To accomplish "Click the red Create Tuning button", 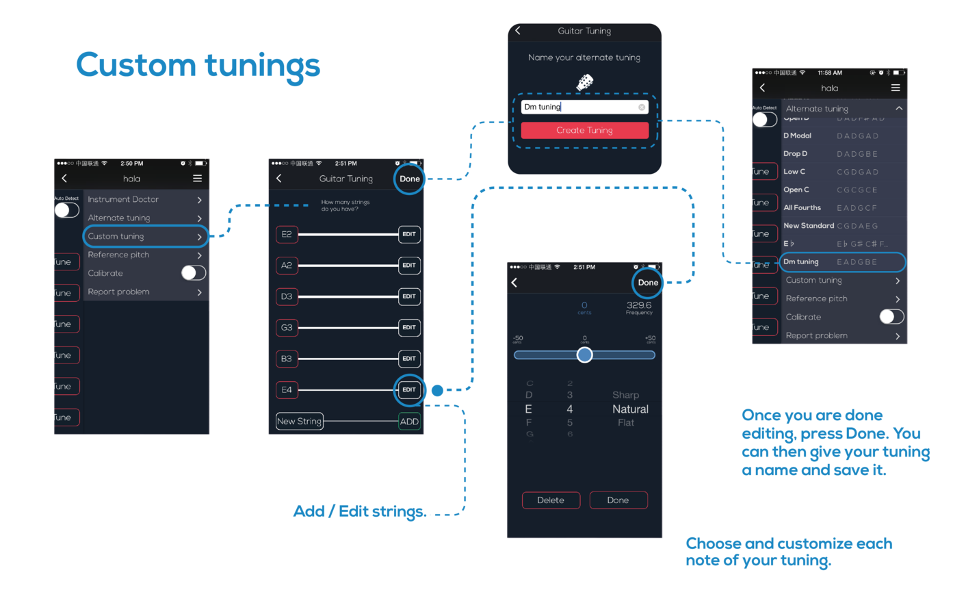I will point(584,130).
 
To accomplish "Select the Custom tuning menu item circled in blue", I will point(145,236).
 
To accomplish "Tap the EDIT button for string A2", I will point(409,265).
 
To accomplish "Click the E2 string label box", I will point(287,234).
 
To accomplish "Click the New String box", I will point(299,422).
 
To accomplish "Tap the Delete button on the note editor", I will point(551,500).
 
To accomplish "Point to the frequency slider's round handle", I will point(584,355).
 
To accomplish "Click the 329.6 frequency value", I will point(639,305).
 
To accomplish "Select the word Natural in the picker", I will point(630,409).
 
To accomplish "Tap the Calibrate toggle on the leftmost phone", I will point(194,273).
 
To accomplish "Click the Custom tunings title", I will point(198,66).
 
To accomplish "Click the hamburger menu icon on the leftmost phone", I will point(197,179).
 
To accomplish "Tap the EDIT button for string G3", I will point(409,327).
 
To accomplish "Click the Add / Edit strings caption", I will point(359,512).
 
